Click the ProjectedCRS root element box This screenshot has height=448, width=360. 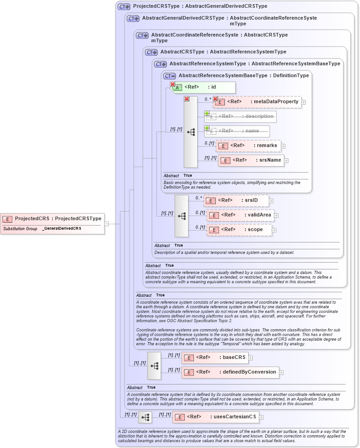pyautogui.click(x=52, y=219)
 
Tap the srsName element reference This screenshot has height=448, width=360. pyautogui.click(x=250, y=160)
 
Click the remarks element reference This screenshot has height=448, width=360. pyautogui.click(x=248, y=146)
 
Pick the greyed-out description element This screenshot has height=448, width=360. pyautogui.click(x=240, y=116)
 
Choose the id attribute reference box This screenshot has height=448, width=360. pyautogui.click(x=203, y=87)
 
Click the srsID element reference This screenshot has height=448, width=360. pyautogui.click(x=236, y=200)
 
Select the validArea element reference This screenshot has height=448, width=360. pyautogui.click(x=240, y=215)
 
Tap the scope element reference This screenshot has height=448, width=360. pyautogui.click(x=239, y=230)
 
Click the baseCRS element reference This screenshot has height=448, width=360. pyautogui.click(x=214, y=358)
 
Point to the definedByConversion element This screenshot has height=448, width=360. pyautogui.click(x=230, y=372)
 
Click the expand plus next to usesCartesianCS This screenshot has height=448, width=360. pyautogui.click(x=261, y=417)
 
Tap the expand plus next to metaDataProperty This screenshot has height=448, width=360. pyautogui.click(x=304, y=102)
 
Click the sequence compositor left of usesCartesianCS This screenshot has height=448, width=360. pyautogui.click(x=145, y=417)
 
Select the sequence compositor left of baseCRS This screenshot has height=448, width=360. pyautogui.click(x=154, y=365)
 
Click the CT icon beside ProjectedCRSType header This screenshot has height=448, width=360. pyautogui.click(x=124, y=7)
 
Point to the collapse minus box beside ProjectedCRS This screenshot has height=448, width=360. pyautogui.click(x=106, y=224)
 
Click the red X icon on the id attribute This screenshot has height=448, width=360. pyautogui.click(x=172, y=84)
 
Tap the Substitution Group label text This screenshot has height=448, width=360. pyautogui.click(x=20, y=228)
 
